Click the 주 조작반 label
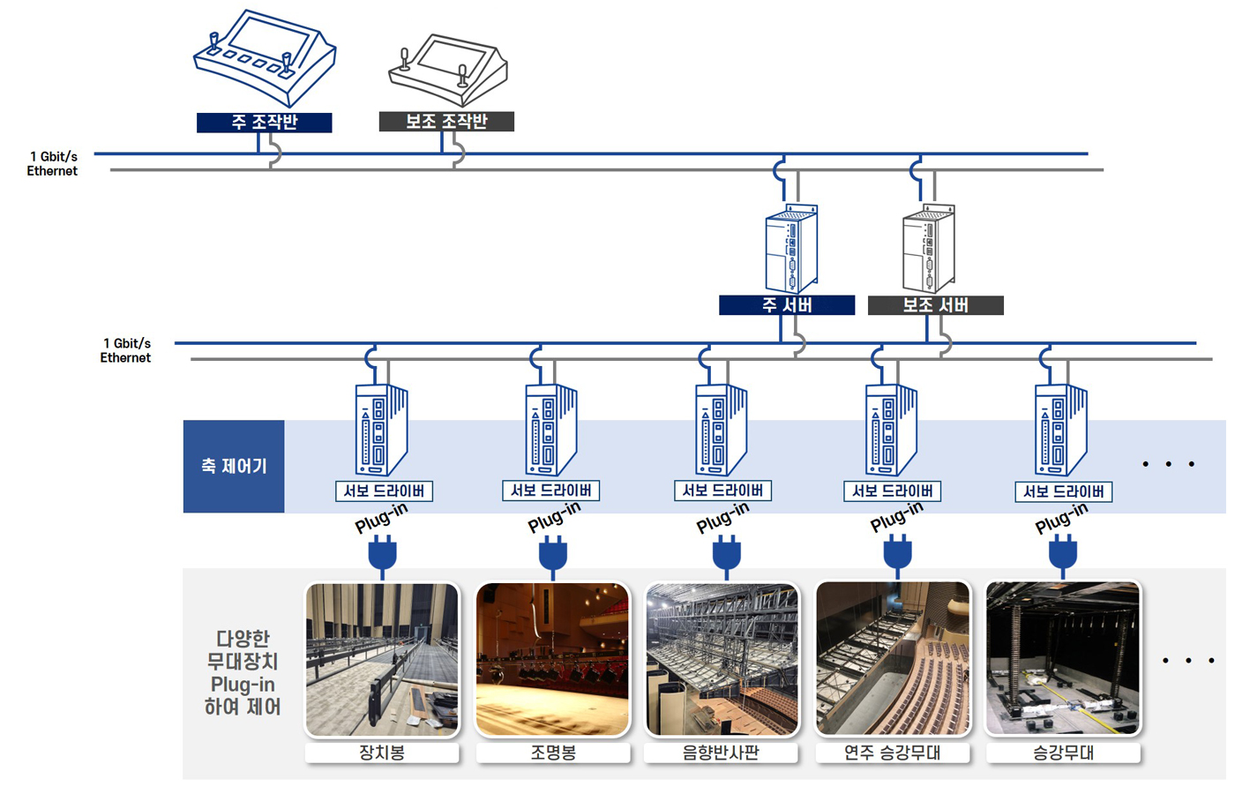(264, 123)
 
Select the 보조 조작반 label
(446, 122)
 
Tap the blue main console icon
(264, 58)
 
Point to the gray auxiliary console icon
(448, 69)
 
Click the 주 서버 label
(787, 305)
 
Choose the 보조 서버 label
(935, 305)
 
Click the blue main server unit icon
(790, 249)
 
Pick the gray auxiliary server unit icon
(928, 249)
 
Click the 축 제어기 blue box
(234, 466)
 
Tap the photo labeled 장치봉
(382, 659)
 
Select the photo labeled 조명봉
(553, 659)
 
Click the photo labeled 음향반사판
(722, 659)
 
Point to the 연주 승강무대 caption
(893, 753)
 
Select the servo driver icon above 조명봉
(551, 431)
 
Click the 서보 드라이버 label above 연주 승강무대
(892, 491)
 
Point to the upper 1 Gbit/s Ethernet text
(53, 164)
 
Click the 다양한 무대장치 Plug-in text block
(243, 672)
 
